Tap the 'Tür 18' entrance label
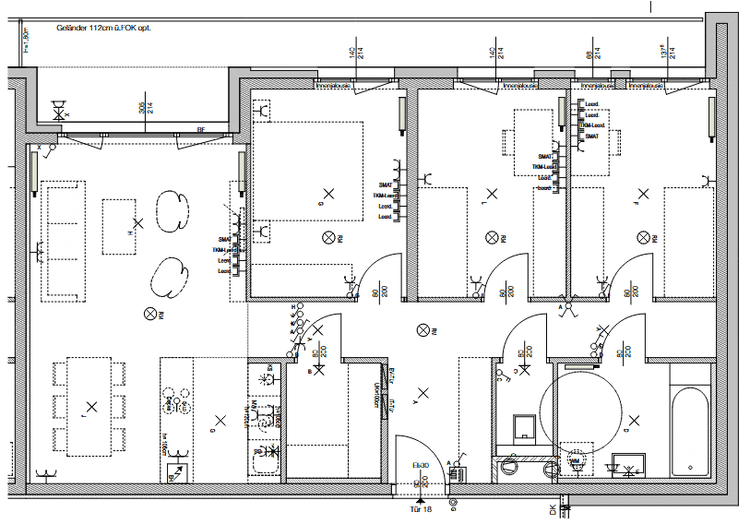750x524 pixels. point(420,508)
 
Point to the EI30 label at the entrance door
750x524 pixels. point(420,464)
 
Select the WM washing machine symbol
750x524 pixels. point(577,459)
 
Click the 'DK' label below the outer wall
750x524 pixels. point(553,509)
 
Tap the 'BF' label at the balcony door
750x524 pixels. point(200,131)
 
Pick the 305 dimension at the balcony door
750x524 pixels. point(143,108)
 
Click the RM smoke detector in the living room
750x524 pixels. point(151,315)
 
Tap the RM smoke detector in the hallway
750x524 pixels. point(423,328)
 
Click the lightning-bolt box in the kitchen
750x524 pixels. point(174,473)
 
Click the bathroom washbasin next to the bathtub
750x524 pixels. point(628,463)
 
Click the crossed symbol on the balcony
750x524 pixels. point(61,112)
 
